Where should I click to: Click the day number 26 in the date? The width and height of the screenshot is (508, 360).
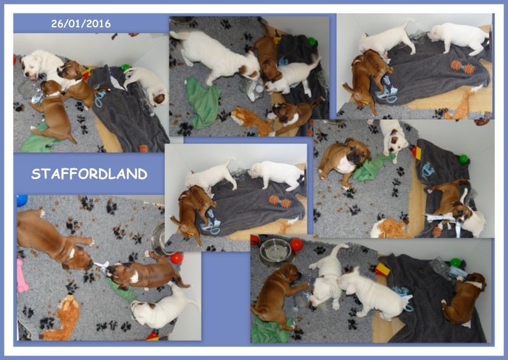coord(56,23)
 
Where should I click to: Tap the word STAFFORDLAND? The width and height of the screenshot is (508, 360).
coord(90,174)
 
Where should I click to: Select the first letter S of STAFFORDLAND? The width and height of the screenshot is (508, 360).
coord(36,174)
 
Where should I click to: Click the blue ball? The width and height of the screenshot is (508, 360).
coord(22,200)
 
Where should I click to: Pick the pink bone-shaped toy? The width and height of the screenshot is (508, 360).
coord(22,276)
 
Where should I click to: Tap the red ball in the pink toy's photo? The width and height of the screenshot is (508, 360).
coord(177,258)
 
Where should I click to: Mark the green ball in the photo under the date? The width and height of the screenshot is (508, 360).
coord(125,68)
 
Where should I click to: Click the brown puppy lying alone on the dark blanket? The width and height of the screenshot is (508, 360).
coord(464,298)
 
